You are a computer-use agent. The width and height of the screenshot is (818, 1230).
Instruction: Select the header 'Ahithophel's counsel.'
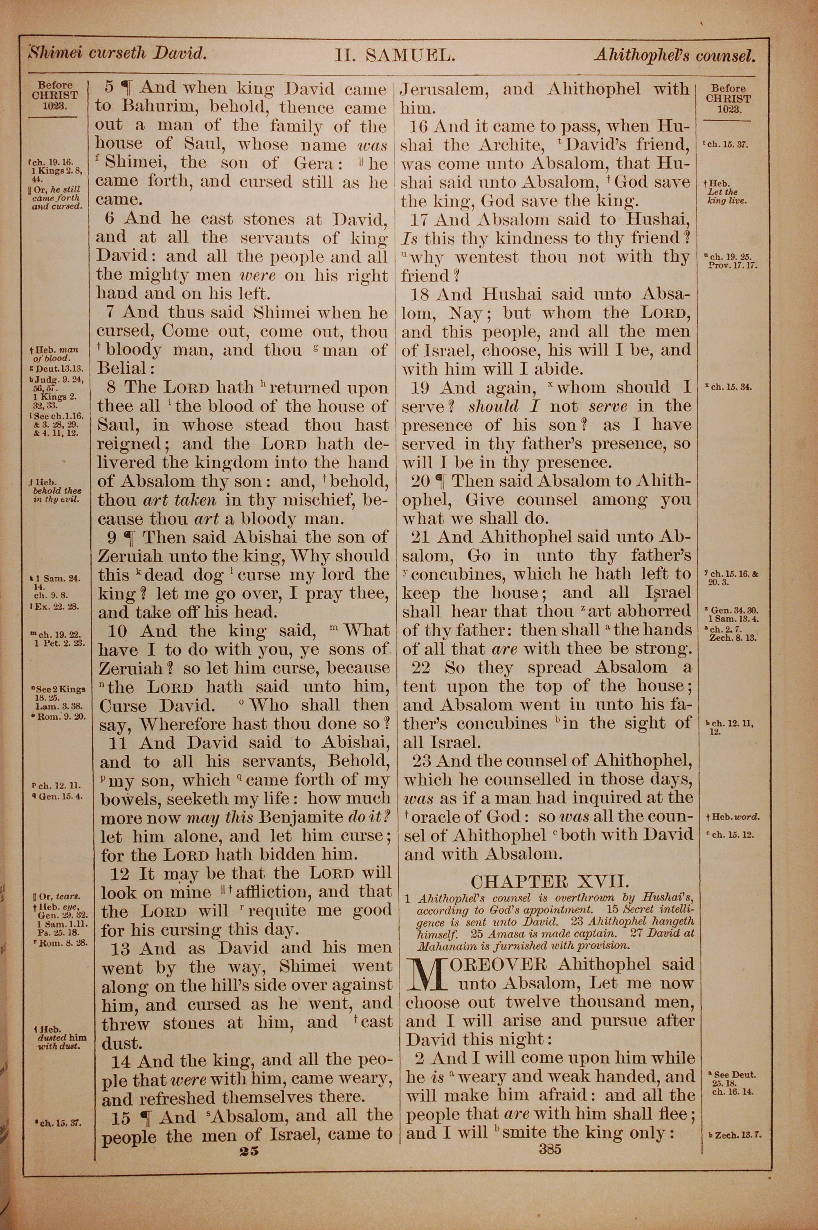674,56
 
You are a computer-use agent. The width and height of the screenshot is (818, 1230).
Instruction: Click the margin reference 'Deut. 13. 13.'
56,368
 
